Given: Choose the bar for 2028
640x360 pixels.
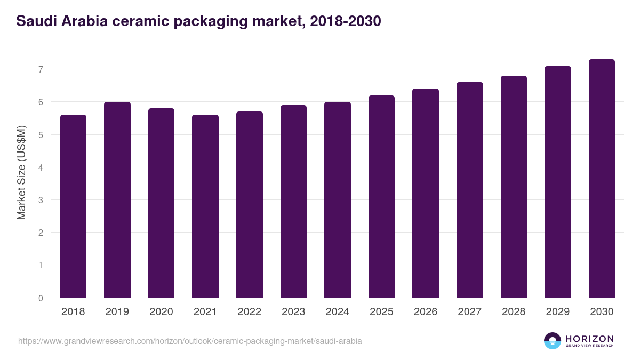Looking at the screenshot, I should coord(514,187).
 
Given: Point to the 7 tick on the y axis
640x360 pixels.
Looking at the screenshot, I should coord(40,69).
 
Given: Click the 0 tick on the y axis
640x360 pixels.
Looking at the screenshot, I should coord(40,298).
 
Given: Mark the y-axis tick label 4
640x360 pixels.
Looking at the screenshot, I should coord(40,167).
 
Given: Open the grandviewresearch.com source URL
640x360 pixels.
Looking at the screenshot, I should coord(190,341).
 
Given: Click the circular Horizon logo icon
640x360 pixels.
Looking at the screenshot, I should coord(553,341).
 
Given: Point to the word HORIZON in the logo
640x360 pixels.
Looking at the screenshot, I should coord(589,339).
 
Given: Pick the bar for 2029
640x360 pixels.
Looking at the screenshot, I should coord(558,182).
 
